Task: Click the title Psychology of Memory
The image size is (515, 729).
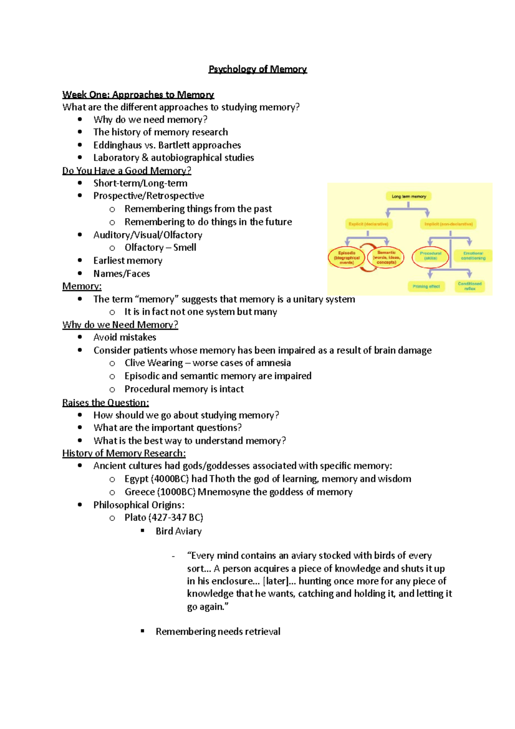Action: tap(257, 69)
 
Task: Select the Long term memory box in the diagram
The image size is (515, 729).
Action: tap(409, 196)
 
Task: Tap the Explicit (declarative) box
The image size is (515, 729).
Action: tap(368, 224)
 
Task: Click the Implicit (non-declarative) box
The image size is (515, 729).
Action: tap(448, 224)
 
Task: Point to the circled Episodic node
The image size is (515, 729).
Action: tap(346, 258)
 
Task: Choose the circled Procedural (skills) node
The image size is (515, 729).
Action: tap(430, 256)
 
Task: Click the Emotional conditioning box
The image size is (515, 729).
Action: tap(473, 256)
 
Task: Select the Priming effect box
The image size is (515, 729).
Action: tap(426, 286)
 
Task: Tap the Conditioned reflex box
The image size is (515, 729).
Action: tap(470, 286)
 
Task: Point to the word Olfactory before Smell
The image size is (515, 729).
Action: tap(144, 248)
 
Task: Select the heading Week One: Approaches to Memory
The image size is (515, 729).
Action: tap(138, 95)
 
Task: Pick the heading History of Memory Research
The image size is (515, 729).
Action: tap(124, 453)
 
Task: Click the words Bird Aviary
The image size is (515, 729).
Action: tap(179, 532)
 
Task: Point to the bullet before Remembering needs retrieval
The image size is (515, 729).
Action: tap(143, 631)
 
